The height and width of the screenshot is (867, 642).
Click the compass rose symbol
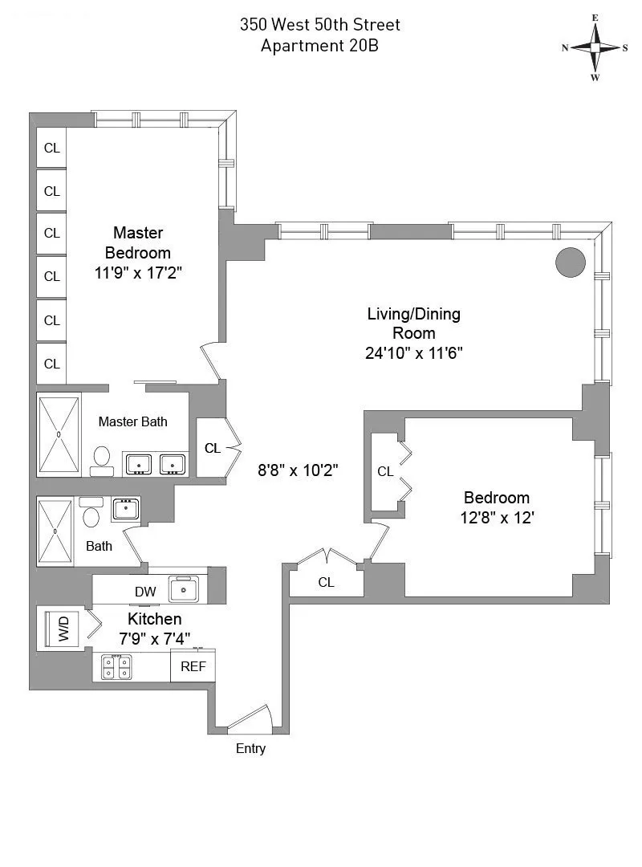(595, 47)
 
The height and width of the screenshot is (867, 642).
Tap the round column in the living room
(571, 263)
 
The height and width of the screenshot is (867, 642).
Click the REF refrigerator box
(193, 666)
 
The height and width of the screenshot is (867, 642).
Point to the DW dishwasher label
(145, 592)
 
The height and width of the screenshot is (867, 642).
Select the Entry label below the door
(250, 749)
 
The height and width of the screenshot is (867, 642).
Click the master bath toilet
(102, 458)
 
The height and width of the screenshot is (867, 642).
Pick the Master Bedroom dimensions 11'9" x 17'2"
(138, 272)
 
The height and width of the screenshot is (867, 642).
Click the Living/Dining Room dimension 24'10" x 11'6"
(413, 352)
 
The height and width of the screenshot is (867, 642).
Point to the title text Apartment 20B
(319, 46)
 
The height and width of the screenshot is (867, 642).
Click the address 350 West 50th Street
(319, 25)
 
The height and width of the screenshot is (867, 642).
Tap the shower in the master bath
(59, 434)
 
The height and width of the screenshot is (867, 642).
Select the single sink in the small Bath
(125, 508)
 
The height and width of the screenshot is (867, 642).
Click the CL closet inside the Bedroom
(386, 472)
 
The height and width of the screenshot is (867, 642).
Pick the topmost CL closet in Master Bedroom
(52, 148)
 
